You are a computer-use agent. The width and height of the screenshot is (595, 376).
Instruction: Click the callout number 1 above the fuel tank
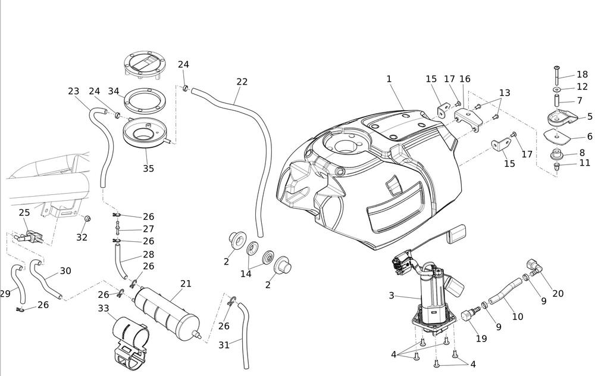[389, 79]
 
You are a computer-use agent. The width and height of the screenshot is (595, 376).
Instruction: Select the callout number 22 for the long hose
[242, 82]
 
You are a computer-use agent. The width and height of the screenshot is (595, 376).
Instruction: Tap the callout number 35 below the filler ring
[148, 169]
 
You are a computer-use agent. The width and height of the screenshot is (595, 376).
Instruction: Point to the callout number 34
[114, 91]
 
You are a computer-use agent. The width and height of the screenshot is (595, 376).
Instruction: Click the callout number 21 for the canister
[186, 284]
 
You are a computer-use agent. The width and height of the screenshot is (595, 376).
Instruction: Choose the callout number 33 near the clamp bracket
[104, 308]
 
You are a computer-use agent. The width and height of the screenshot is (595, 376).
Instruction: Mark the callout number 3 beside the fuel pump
[391, 295]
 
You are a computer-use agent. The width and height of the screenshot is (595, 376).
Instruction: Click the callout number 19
[481, 339]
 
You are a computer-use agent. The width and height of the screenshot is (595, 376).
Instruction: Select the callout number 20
[558, 293]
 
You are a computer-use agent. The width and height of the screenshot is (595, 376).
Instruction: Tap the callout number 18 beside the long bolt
[582, 74]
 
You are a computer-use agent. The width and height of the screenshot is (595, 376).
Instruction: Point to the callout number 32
[82, 237]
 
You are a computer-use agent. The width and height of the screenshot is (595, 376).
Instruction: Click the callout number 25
[24, 213]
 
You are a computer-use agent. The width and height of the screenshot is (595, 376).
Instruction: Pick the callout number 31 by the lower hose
[224, 344]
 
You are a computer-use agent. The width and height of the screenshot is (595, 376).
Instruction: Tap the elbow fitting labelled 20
[533, 266]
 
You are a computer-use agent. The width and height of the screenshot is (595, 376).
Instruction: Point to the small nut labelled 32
[86, 220]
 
